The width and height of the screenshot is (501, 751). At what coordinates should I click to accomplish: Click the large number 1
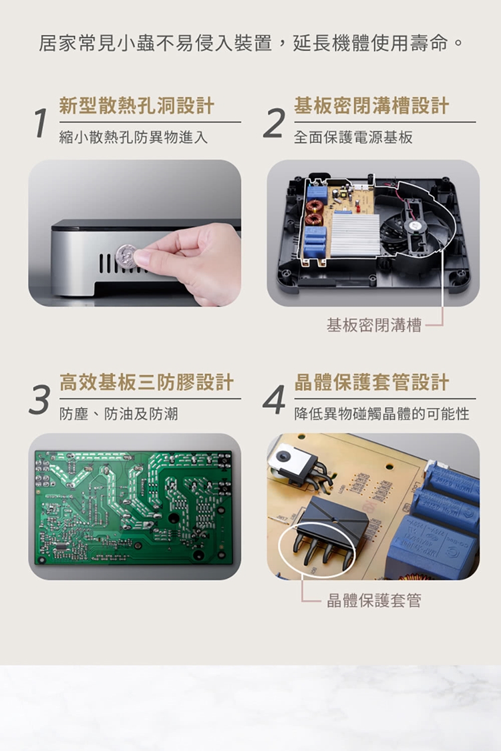tap(41, 123)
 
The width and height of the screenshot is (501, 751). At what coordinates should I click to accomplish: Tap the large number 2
tap(275, 123)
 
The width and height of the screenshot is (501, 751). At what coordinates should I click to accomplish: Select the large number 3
tap(39, 399)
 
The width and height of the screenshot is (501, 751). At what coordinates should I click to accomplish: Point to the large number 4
tap(275, 399)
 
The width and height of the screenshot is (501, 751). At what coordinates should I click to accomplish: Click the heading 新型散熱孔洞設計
tap(137, 105)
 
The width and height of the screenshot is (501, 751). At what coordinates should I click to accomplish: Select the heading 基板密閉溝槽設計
tap(371, 105)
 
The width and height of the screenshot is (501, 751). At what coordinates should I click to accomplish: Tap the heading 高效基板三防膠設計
tap(147, 383)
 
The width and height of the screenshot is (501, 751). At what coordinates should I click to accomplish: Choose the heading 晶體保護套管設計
tap(371, 383)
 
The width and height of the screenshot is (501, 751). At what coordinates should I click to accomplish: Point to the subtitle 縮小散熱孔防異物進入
tap(134, 138)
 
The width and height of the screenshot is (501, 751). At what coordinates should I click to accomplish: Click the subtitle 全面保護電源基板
tap(353, 138)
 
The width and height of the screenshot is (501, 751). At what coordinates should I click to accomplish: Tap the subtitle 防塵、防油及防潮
tap(118, 413)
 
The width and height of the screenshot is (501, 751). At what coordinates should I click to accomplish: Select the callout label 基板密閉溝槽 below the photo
tap(374, 326)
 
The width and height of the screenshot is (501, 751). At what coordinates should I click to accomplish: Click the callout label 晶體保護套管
tap(374, 600)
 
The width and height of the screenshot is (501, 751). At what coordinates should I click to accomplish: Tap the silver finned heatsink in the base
tap(355, 234)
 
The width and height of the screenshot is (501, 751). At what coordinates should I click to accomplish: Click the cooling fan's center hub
tap(413, 225)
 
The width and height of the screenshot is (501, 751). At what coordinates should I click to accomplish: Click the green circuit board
tap(134, 507)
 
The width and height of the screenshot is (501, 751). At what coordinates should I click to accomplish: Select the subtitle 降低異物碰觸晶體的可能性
tap(382, 413)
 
